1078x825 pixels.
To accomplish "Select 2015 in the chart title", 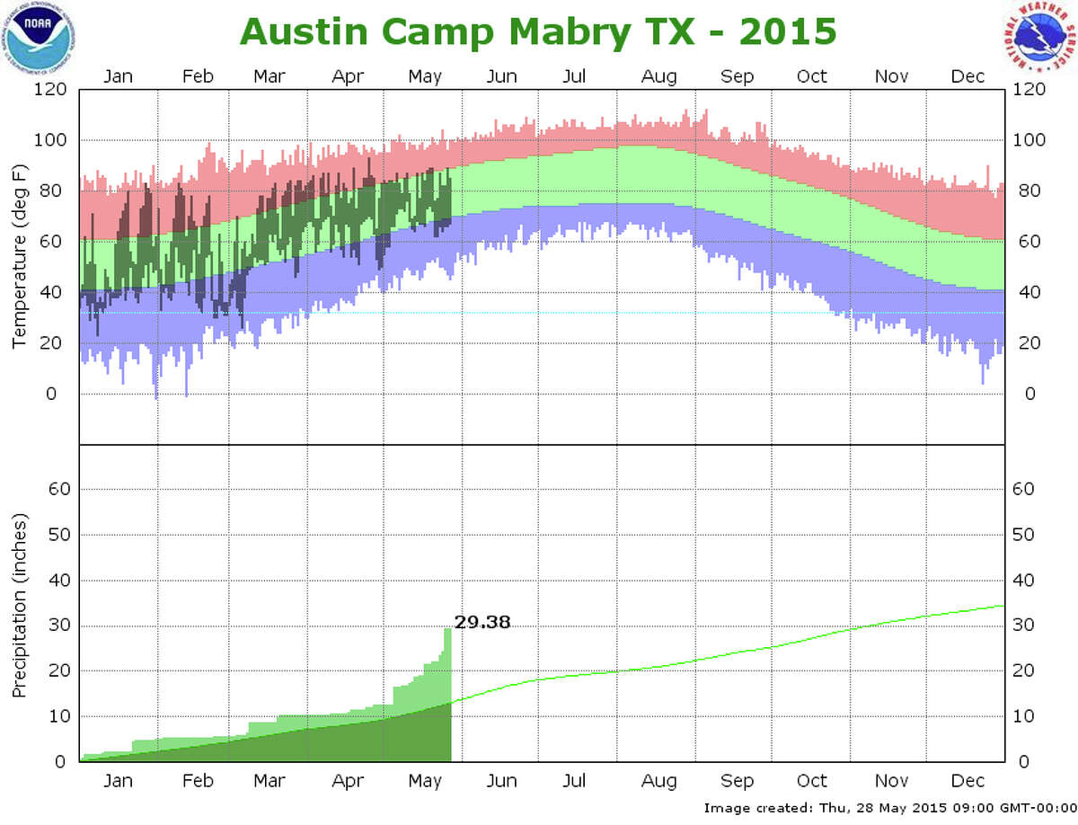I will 787,31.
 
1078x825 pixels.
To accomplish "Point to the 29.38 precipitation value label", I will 482,621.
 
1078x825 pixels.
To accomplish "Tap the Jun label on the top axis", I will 501,76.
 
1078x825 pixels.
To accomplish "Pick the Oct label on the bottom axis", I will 812,781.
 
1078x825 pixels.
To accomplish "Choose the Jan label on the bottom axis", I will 118,781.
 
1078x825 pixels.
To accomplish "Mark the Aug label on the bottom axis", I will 658,781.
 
